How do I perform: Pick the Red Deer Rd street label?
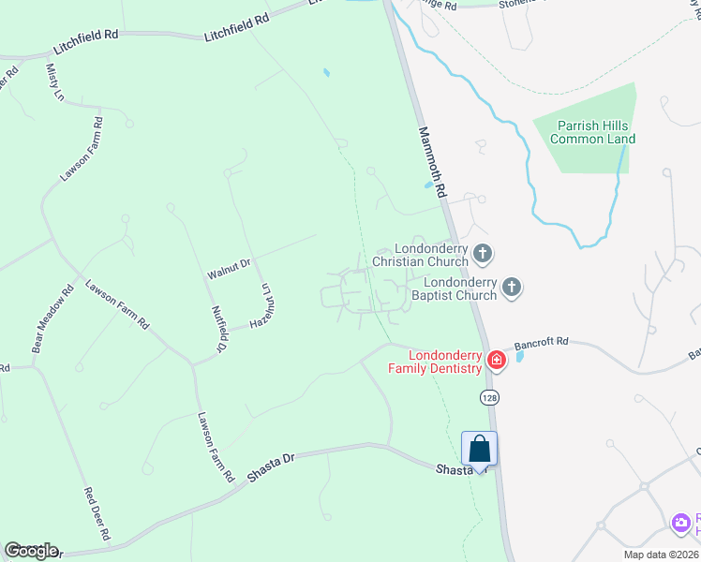click(x=97, y=515)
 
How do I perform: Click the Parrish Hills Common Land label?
click(x=592, y=132)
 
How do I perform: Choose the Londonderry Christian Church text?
click(x=422, y=256)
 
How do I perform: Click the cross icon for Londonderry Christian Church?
click(x=483, y=253)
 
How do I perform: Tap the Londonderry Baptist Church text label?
click(x=460, y=288)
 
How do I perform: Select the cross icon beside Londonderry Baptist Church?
click(x=512, y=288)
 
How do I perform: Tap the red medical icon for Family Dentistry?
click(x=497, y=360)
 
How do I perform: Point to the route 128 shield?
click(x=489, y=398)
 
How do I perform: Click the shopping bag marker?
click(x=480, y=448)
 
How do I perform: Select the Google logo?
click(x=31, y=551)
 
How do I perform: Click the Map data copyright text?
click(x=661, y=555)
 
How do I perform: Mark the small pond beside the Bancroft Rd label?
click(x=520, y=357)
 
